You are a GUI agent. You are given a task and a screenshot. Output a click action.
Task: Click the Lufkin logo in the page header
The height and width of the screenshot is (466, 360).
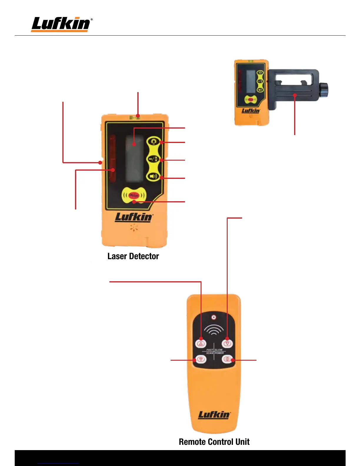click(x=61, y=24)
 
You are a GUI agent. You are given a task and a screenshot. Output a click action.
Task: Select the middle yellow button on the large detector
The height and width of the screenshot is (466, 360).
click(x=153, y=159)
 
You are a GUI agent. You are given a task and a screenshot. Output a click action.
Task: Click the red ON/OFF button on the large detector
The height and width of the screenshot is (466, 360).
click(x=134, y=195)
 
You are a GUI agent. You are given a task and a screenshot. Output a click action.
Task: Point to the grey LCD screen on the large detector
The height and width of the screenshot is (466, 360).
click(x=134, y=159)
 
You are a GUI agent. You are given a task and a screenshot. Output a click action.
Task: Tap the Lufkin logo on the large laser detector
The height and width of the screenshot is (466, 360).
click(x=134, y=217)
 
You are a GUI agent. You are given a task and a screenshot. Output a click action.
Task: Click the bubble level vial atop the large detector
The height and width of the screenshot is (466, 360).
click(x=135, y=118)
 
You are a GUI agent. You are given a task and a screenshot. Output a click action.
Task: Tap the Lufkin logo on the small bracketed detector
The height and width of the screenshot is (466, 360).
click(x=251, y=111)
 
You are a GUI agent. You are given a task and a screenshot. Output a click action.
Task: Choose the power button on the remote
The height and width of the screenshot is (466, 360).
click(x=227, y=359)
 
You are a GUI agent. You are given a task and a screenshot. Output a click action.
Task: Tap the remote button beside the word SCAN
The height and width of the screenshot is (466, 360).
click(x=201, y=359)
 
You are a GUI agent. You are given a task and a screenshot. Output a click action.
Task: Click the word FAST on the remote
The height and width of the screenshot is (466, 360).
click(x=210, y=350)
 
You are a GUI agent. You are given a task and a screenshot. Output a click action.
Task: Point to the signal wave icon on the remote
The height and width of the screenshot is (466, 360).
click(x=214, y=330)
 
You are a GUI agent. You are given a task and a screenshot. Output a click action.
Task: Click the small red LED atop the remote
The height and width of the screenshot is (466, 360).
click(x=214, y=317)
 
